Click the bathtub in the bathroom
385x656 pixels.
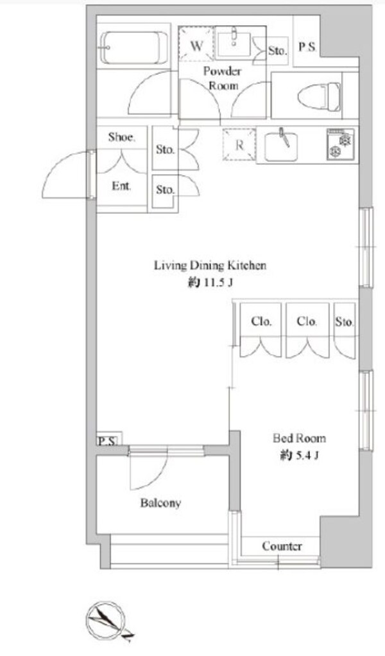click(x=133, y=48)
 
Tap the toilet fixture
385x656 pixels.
click(x=319, y=96)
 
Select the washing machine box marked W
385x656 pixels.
click(x=196, y=46)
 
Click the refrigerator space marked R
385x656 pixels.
click(x=239, y=145)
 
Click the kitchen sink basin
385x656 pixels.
click(x=279, y=146)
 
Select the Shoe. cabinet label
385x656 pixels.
click(x=121, y=137)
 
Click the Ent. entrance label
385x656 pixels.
click(x=121, y=186)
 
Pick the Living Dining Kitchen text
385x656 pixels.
click(x=209, y=265)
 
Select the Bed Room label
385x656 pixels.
click(x=299, y=439)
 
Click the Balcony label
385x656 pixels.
click(x=160, y=503)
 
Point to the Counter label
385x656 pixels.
click(x=282, y=546)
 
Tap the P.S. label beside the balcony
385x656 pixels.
click(x=107, y=441)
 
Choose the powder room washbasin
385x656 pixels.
click(x=234, y=43)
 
